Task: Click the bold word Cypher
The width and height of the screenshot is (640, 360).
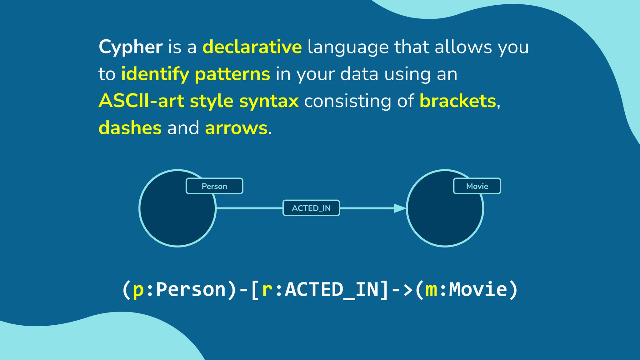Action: click(130, 47)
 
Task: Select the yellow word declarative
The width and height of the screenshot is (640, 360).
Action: click(252, 47)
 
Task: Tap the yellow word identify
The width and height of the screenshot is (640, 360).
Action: click(155, 74)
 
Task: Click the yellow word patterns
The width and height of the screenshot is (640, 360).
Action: click(232, 74)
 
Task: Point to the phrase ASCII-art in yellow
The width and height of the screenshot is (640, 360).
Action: click(141, 101)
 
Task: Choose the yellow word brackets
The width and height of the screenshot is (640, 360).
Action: click(457, 101)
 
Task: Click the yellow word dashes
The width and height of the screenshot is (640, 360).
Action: click(130, 128)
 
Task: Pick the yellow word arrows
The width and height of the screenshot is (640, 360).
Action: click(236, 128)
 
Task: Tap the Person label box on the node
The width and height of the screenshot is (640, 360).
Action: click(214, 186)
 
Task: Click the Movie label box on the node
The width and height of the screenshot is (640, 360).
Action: click(477, 186)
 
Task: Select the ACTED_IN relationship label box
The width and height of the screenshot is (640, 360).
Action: click(311, 208)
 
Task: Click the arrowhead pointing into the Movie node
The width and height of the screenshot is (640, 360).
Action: click(399, 208)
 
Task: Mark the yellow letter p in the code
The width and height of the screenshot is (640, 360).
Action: click(138, 290)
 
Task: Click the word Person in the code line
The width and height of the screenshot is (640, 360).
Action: click(191, 289)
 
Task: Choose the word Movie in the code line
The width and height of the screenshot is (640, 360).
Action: click(478, 289)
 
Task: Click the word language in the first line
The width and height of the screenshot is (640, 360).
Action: click(348, 47)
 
